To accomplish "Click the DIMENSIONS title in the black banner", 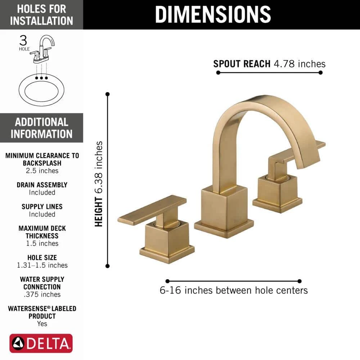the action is coord(213,14).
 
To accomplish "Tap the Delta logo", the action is coord(41,343).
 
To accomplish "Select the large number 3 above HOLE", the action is coord(23,40).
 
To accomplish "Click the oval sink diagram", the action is coord(41,90).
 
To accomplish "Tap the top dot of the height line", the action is coord(107,94).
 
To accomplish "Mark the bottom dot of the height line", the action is coord(107,266).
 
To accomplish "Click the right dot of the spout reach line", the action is coord(320,73).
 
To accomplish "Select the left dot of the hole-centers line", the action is coord(167,281).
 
